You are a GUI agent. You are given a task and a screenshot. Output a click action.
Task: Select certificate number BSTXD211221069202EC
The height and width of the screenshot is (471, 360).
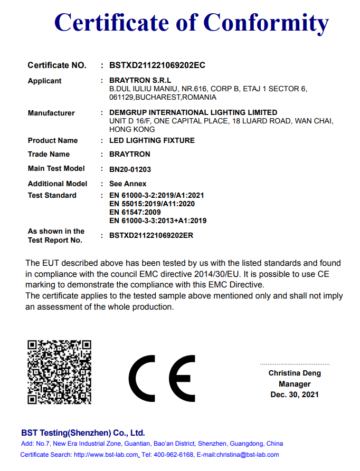[157, 65]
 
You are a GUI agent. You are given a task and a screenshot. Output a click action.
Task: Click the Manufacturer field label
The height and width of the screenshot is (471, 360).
[51, 113]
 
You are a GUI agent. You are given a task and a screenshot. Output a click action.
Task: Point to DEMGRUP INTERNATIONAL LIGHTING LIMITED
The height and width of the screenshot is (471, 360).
[193, 112]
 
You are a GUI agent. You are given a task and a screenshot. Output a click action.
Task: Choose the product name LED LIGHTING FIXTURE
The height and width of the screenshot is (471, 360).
[151, 140]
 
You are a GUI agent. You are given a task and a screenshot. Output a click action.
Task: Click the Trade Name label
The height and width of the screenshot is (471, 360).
[49, 154]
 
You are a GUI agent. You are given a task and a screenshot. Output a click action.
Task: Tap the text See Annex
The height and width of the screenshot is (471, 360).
[128, 184]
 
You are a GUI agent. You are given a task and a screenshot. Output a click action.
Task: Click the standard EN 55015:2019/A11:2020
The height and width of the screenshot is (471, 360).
[152, 204]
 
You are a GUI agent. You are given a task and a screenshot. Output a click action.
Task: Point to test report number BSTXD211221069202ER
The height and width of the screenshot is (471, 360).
[151, 235]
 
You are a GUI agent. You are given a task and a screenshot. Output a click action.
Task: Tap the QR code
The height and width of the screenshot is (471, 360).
[59, 372]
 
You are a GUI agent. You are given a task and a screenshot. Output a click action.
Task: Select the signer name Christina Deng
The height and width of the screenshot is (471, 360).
[295, 373]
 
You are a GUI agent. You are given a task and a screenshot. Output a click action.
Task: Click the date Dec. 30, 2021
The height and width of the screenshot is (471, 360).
[295, 395]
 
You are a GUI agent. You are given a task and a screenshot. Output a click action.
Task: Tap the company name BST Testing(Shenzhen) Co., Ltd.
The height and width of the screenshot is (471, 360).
[83, 432]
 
